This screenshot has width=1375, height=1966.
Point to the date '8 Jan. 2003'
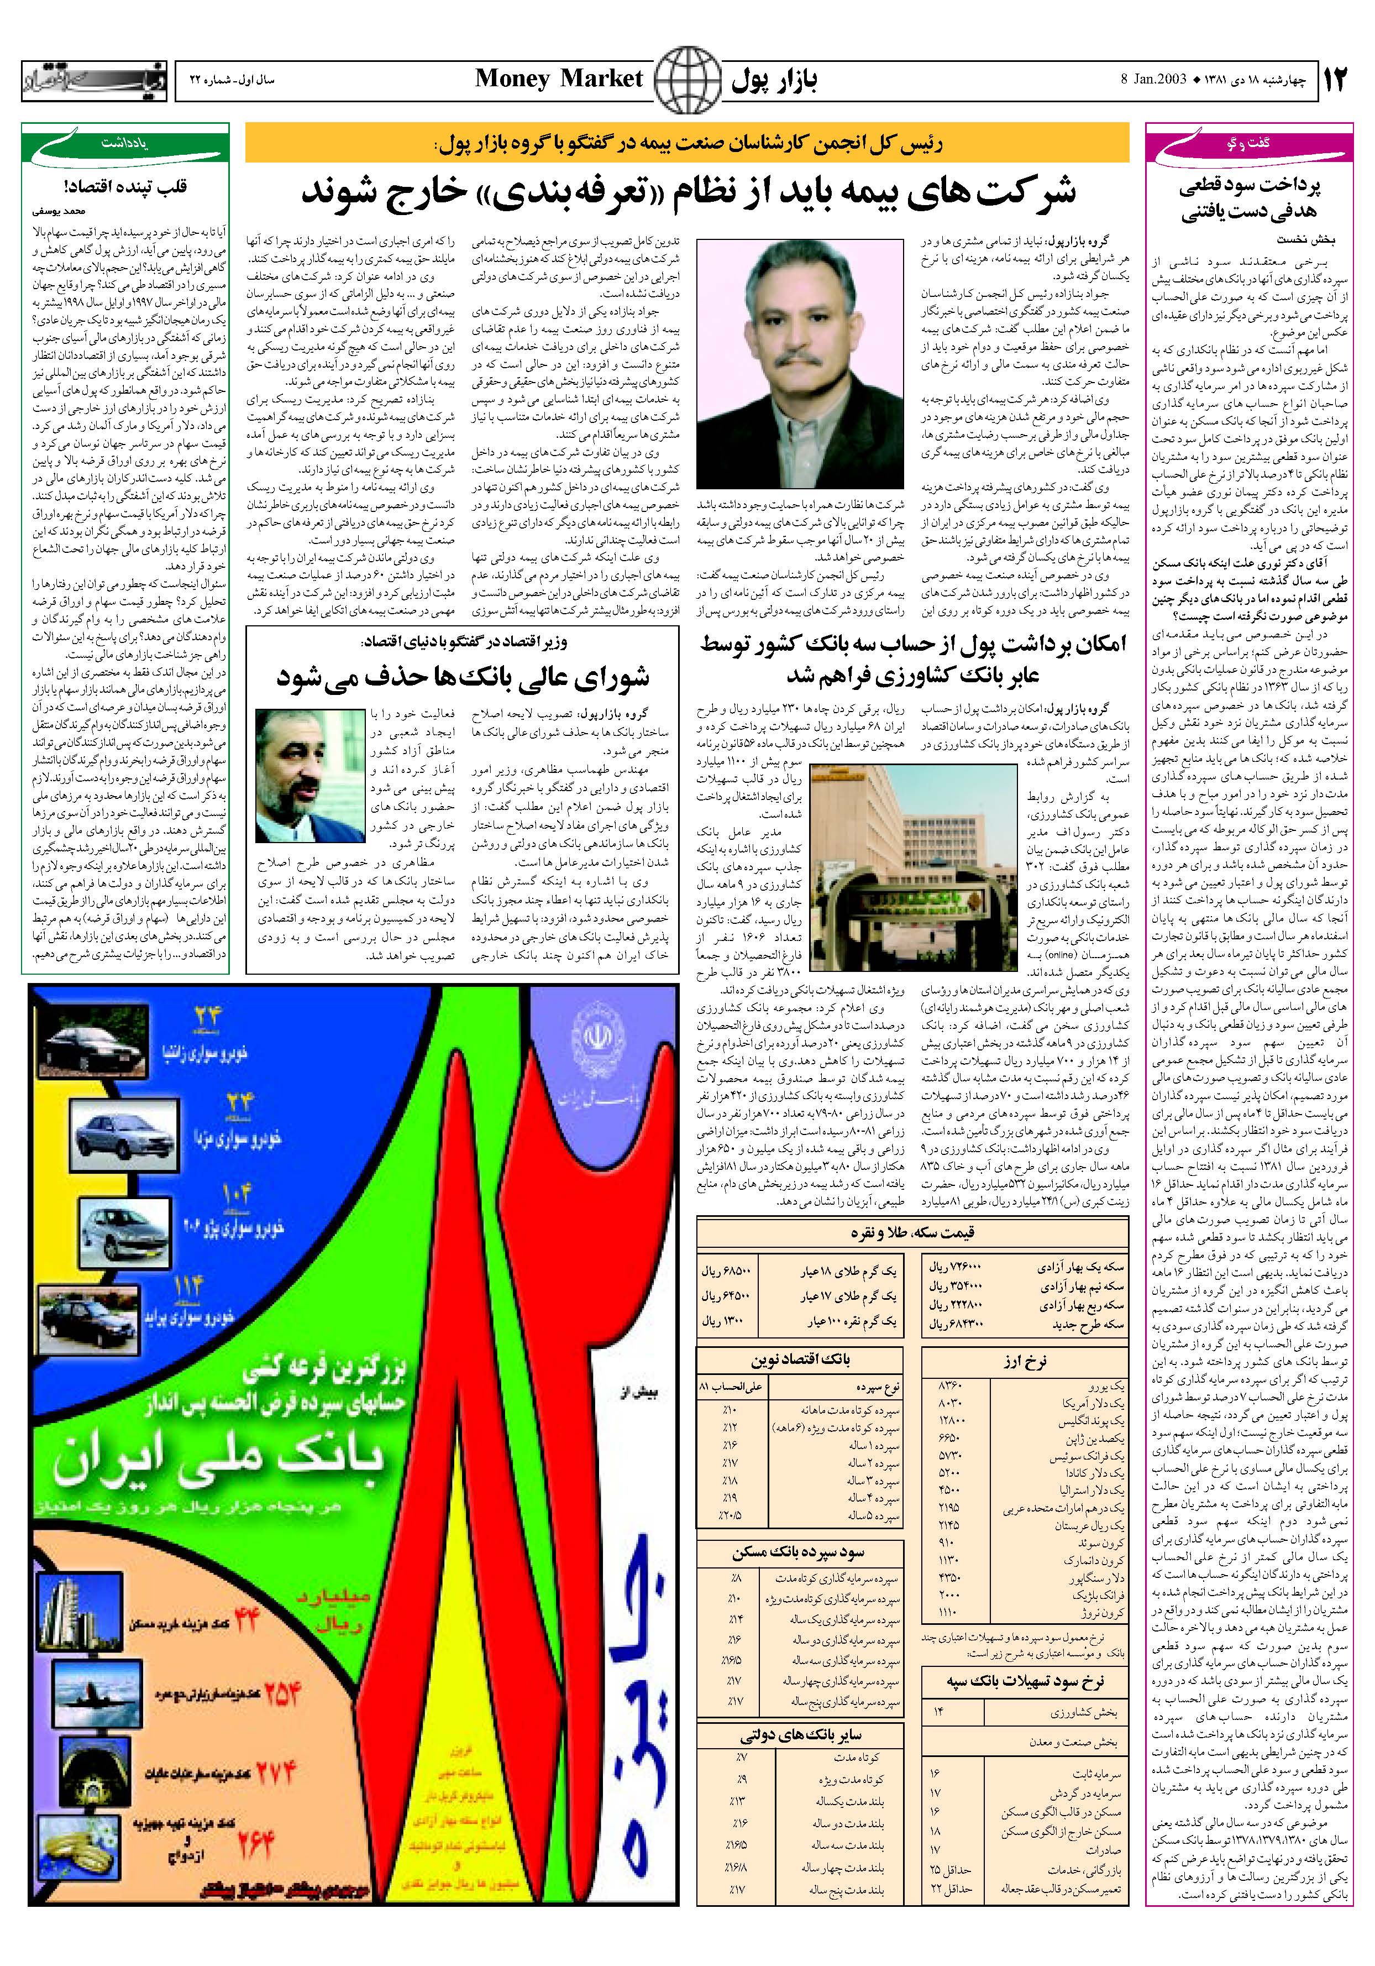click(x=1152, y=80)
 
